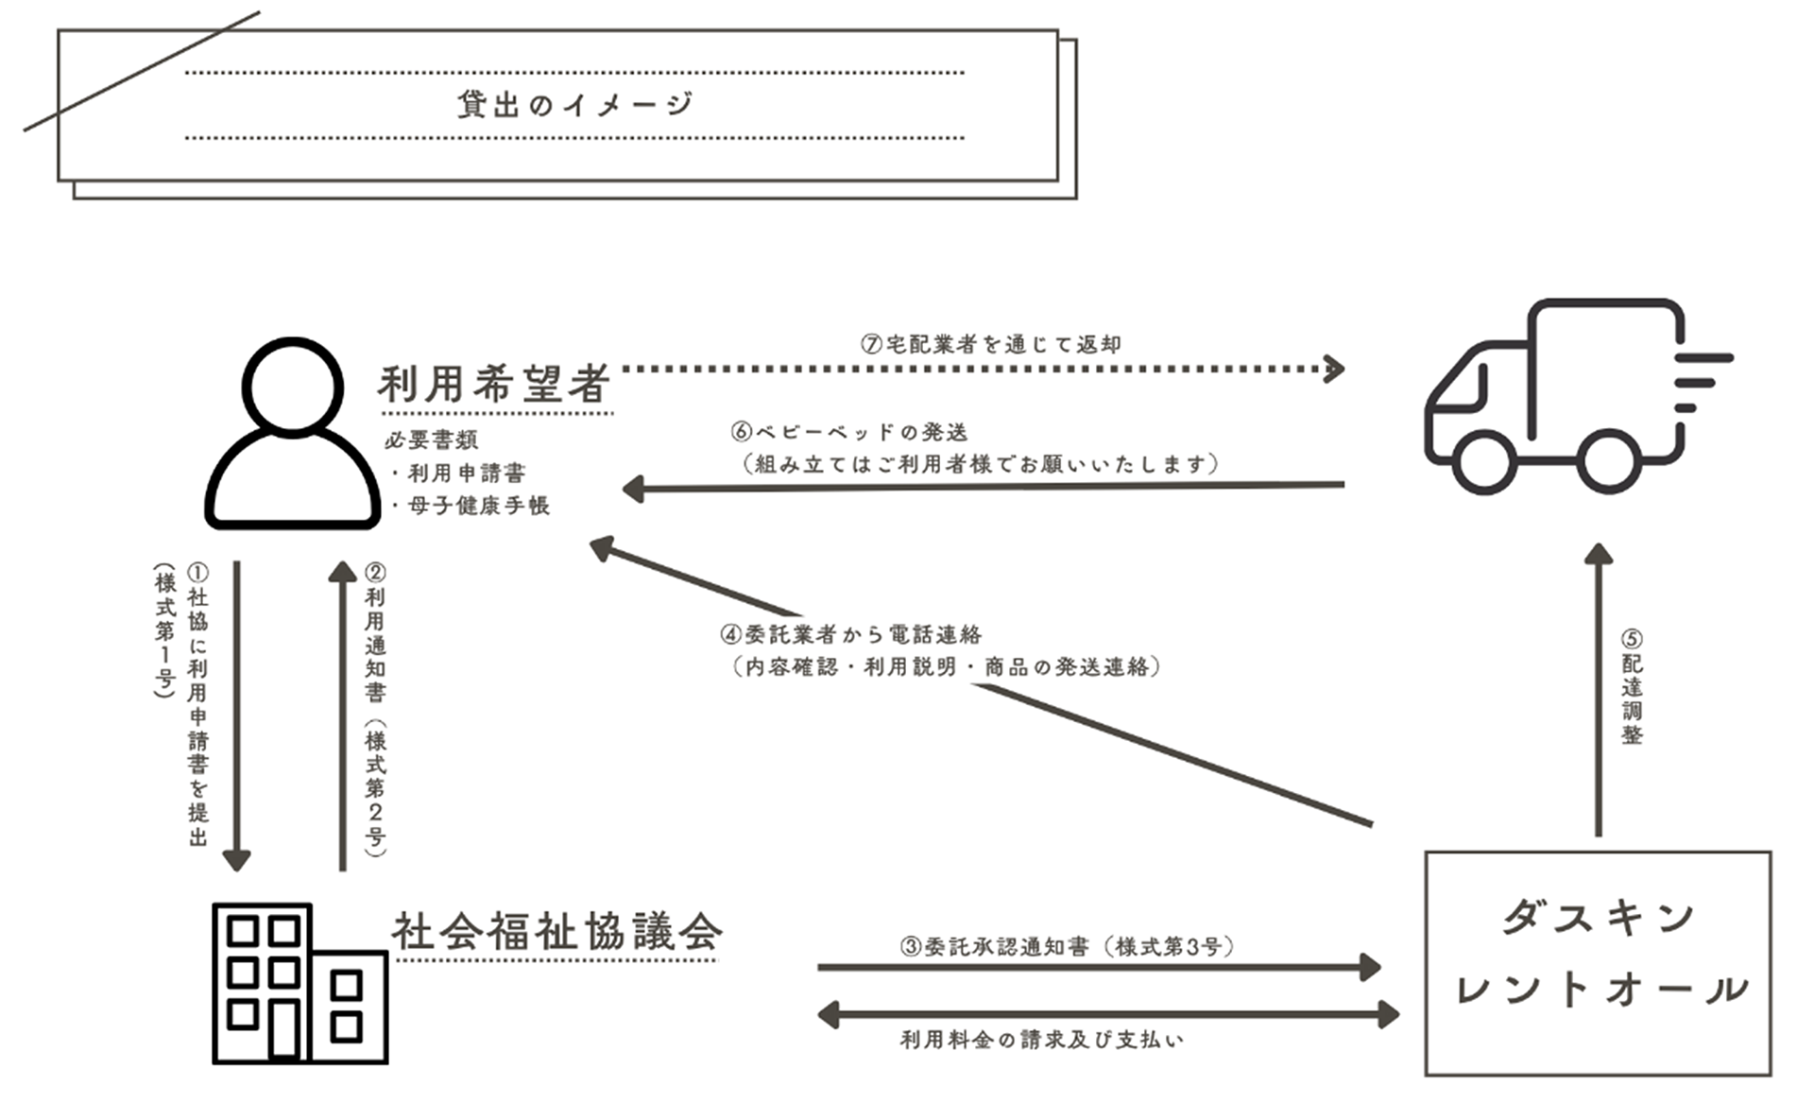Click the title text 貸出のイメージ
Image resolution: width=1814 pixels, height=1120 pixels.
574,104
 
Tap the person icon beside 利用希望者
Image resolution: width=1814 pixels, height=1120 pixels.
293,435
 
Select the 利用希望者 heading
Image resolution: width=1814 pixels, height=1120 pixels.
494,385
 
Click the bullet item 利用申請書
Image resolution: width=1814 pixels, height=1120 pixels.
466,473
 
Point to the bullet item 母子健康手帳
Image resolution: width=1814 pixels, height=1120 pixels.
477,506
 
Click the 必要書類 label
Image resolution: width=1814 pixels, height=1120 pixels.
432,439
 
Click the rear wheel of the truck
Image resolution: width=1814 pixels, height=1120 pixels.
1608,460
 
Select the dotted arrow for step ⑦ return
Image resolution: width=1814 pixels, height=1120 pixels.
983,369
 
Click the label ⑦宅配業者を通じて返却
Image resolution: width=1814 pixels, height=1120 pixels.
991,343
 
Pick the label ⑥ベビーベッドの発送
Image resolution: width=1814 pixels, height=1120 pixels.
850,433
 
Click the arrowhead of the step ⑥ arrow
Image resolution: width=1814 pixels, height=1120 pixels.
633,489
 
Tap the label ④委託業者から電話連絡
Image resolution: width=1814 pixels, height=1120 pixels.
851,634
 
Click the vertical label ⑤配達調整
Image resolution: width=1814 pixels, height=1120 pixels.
1632,687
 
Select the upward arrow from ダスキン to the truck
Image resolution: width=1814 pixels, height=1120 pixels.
1598,690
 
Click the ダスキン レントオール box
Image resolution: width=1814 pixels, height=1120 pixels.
1598,962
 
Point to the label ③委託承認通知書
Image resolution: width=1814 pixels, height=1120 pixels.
1067,946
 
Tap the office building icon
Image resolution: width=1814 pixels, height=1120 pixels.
299,983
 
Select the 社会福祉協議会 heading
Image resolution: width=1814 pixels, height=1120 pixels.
557,933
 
